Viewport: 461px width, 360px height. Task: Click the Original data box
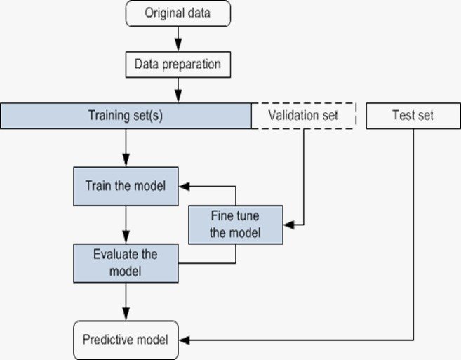pos(178,13)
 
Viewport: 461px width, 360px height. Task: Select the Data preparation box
pos(178,65)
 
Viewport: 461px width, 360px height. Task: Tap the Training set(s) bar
pos(126,116)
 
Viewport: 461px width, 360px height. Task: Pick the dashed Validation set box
pos(304,116)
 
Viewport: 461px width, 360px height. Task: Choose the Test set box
pos(412,116)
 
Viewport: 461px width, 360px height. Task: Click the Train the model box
pos(126,187)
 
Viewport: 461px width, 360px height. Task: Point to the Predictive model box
pos(126,340)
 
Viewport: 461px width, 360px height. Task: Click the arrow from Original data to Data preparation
pos(178,39)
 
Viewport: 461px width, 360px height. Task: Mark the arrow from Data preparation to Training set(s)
pos(178,90)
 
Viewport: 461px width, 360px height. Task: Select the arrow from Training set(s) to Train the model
pos(126,147)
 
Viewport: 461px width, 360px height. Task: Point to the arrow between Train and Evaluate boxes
pos(126,225)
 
